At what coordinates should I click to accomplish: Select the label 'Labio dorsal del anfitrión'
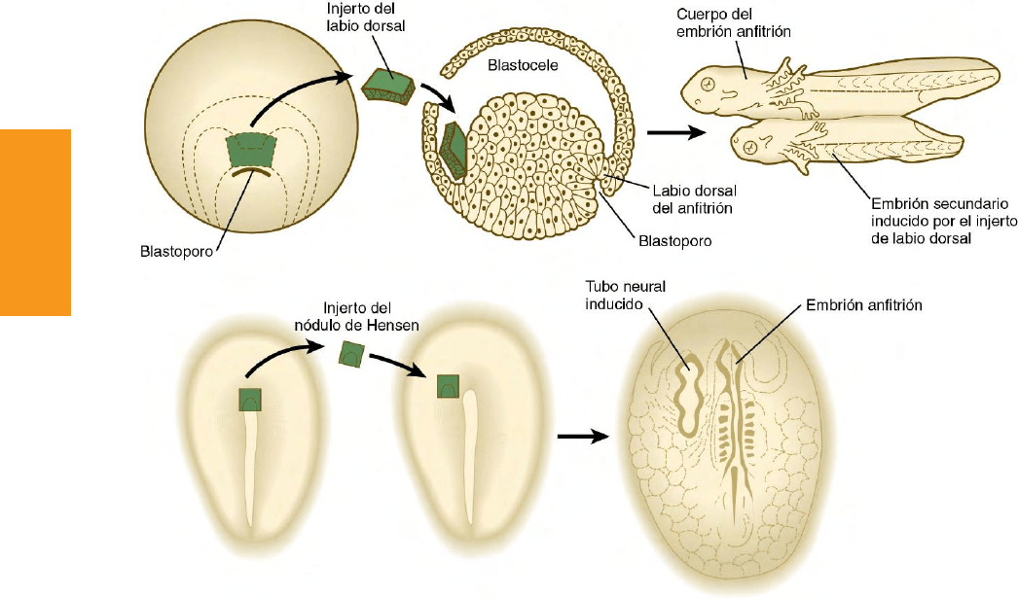pyautogui.click(x=676, y=197)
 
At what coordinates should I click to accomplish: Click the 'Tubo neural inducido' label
pyautogui.click(x=619, y=296)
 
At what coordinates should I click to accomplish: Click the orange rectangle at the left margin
pyautogui.click(x=36, y=222)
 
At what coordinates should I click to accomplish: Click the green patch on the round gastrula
pyautogui.click(x=250, y=150)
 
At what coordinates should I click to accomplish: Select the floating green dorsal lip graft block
pyautogui.click(x=388, y=86)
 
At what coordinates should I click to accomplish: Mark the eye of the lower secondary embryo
pyautogui.click(x=752, y=146)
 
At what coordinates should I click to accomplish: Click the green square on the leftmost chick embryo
pyautogui.click(x=251, y=399)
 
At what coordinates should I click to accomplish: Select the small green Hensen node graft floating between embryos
pyautogui.click(x=351, y=355)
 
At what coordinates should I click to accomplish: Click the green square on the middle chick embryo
pyautogui.click(x=449, y=386)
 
